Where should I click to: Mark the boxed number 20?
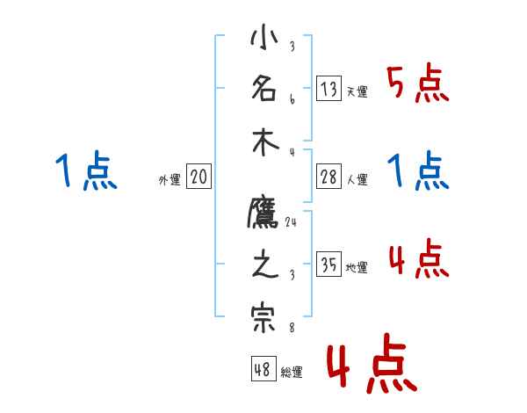coord(199,178)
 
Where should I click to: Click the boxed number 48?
coord(263,369)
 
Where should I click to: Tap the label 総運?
coord(292,373)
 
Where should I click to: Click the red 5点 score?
coord(417,85)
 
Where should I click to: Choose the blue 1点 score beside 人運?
coord(417,171)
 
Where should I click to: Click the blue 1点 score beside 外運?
coord(85,171)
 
